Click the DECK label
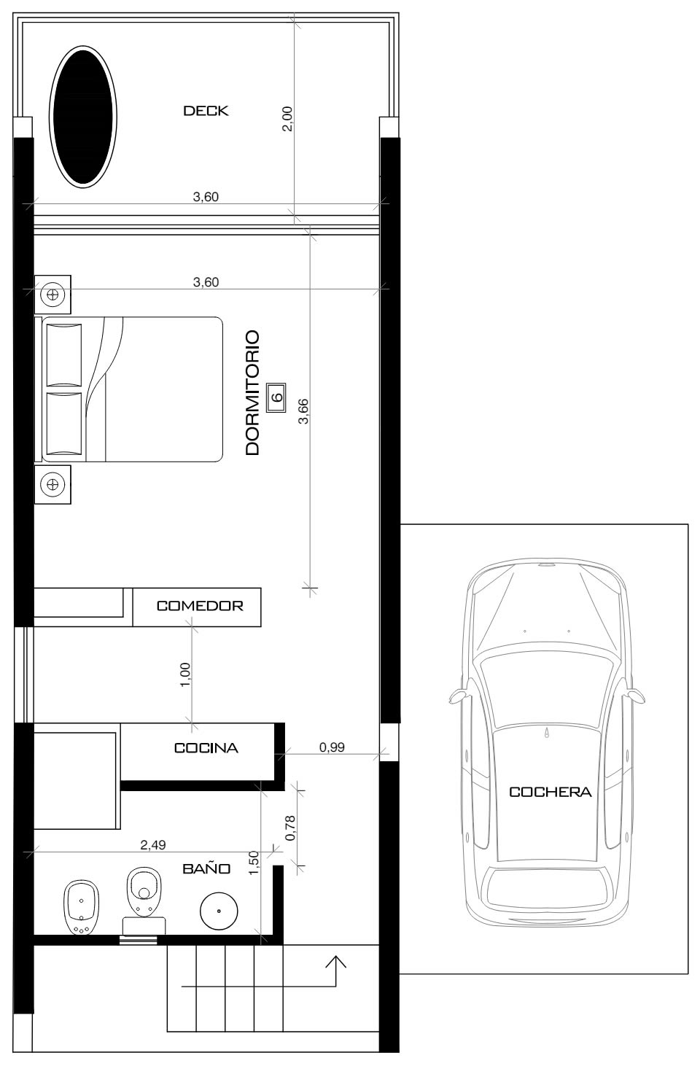click(x=206, y=111)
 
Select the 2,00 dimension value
click(x=287, y=119)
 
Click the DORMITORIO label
click(x=252, y=393)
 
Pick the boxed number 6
click(x=276, y=397)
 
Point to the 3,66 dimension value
click(x=303, y=411)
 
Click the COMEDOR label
click(x=200, y=606)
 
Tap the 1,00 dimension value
click(x=185, y=674)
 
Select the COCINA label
click(x=206, y=748)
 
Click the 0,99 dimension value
click(x=332, y=747)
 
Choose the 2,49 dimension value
click(x=152, y=845)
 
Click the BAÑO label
click(x=206, y=868)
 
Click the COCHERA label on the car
click(x=550, y=792)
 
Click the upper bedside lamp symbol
click(x=52, y=295)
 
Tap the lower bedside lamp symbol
click(x=52, y=484)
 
